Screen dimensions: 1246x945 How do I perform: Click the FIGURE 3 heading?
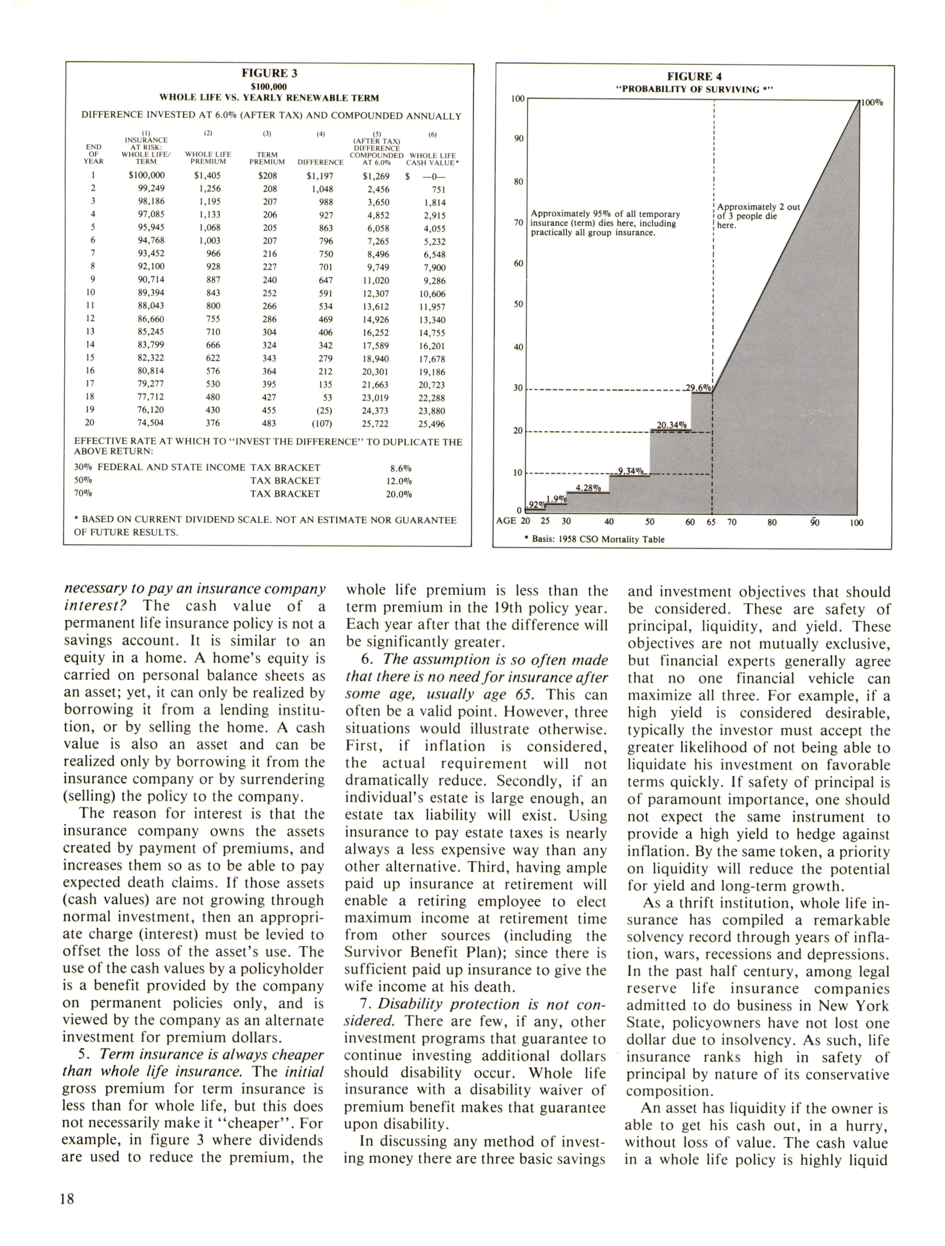click(x=269, y=73)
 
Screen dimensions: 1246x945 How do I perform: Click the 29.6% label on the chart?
click(x=698, y=387)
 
